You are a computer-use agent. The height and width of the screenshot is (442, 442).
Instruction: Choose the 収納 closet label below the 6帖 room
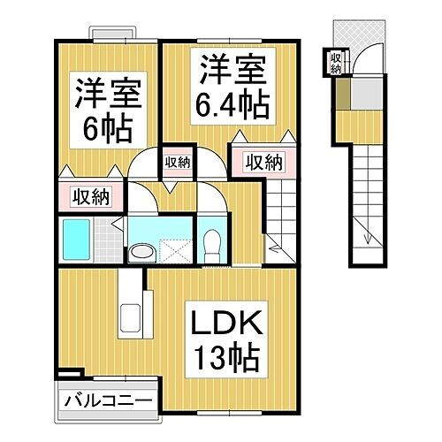click(x=90, y=196)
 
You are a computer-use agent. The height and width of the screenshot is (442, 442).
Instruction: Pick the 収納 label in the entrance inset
click(x=335, y=63)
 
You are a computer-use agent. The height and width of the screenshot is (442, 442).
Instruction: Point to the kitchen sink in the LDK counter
click(x=130, y=319)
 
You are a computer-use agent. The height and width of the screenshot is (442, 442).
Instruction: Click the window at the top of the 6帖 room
click(x=117, y=35)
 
